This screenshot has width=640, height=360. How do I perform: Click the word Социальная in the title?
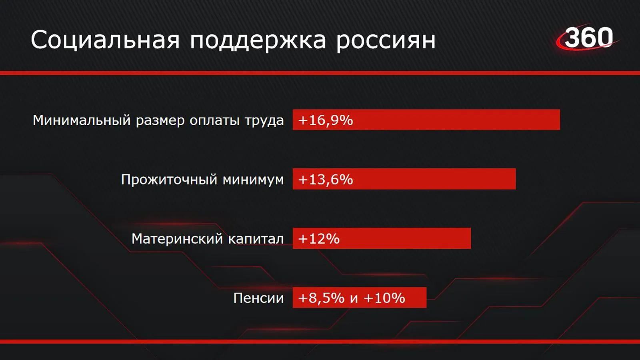coord(105,40)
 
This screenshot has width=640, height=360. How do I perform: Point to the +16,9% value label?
coord(326,120)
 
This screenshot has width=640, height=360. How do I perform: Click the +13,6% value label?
coord(326,180)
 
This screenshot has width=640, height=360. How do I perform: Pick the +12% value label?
coord(319,238)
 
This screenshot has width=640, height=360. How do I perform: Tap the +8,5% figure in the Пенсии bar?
coord(322,298)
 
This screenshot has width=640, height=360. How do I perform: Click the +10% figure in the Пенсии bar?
coord(384,298)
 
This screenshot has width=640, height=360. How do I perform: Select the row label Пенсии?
coord(258,298)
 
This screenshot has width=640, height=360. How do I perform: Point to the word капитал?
coord(256,239)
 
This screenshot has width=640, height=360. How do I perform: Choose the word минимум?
coord(253,180)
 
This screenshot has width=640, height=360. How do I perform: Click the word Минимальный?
coord(82,120)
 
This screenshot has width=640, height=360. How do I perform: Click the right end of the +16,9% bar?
coord(560,120)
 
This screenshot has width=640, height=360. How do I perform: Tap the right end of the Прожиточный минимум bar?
coord(516,179)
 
